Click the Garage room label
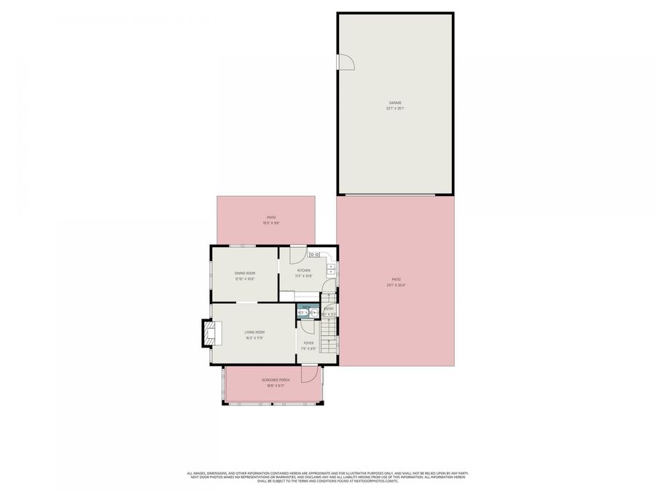click(394, 103)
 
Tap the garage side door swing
click(345, 63)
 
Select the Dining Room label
click(245, 273)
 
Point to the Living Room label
click(254, 332)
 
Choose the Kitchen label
click(303, 270)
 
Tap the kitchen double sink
click(314, 254)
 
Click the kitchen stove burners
click(330, 272)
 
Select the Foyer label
click(308, 343)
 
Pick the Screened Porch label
click(276, 380)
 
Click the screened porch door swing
click(310, 372)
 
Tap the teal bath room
click(307, 313)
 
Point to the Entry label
click(329, 309)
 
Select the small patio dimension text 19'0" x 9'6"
click(271, 223)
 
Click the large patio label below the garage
click(396, 279)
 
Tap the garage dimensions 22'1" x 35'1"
click(394, 109)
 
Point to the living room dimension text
click(254, 338)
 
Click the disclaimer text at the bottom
click(327, 477)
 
